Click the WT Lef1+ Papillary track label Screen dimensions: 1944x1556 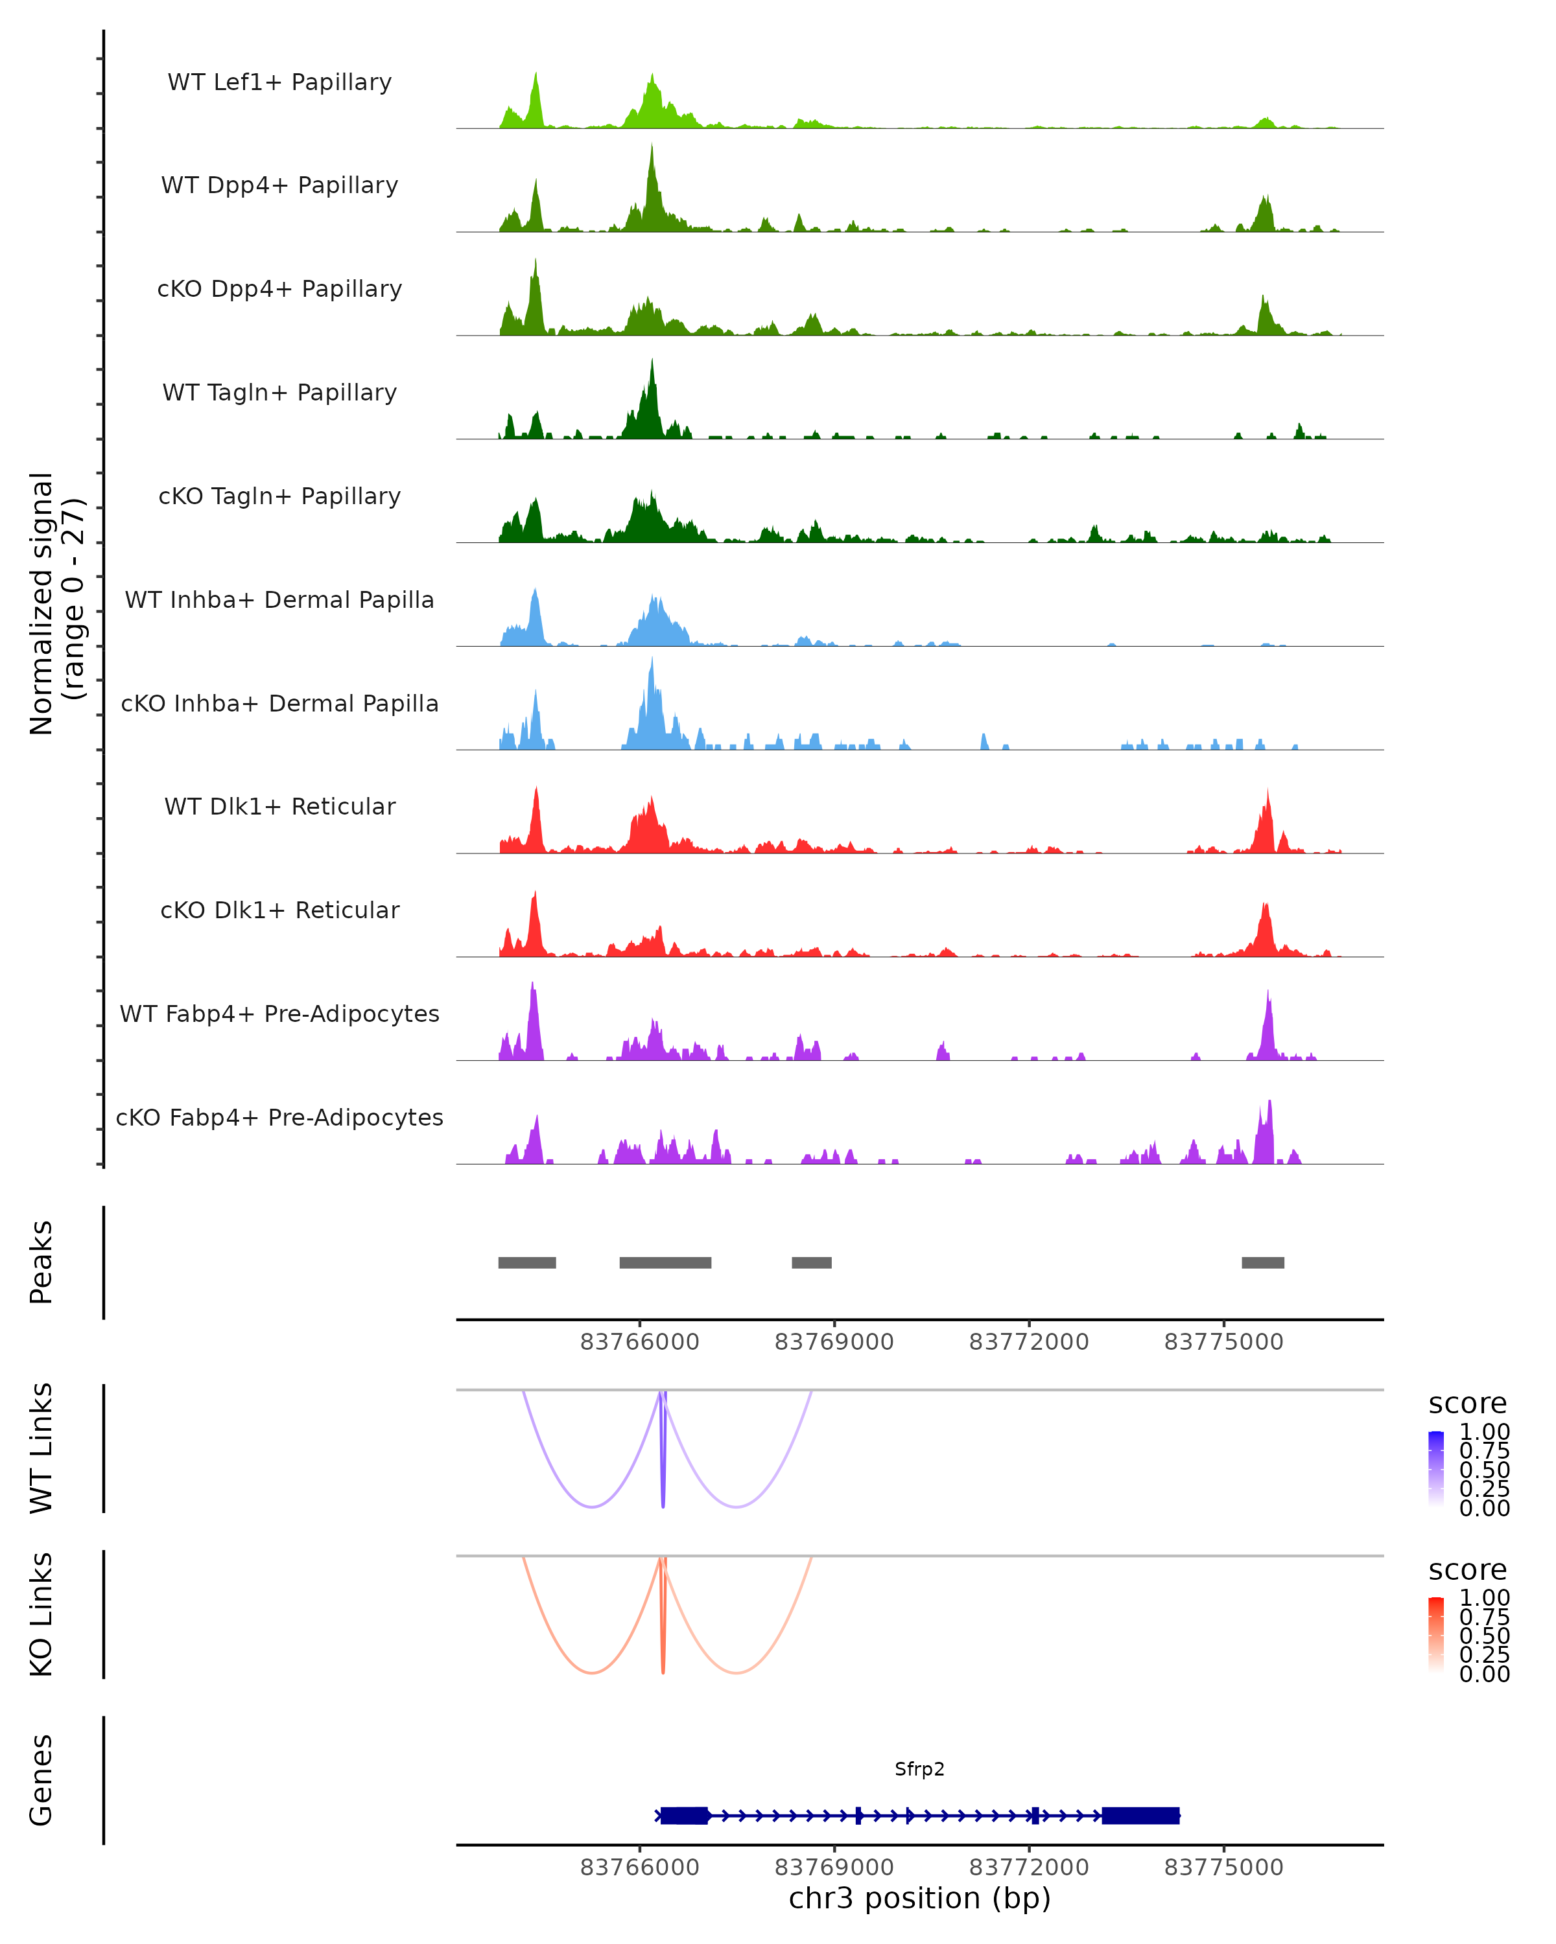[x=279, y=82]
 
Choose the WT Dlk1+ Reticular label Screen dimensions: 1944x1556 [x=279, y=806]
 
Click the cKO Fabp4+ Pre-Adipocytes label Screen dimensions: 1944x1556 [x=279, y=1117]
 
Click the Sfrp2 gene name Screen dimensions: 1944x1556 [x=919, y=1769]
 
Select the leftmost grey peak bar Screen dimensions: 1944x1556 [x=527, y=1262]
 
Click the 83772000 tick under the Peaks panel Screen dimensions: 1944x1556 [x=1028, y=1342]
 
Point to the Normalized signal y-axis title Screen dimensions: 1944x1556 [x=56, y=603]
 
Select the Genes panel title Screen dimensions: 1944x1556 [x=41, y=1780]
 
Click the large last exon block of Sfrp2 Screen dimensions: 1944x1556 [x=1140, y=1815]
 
